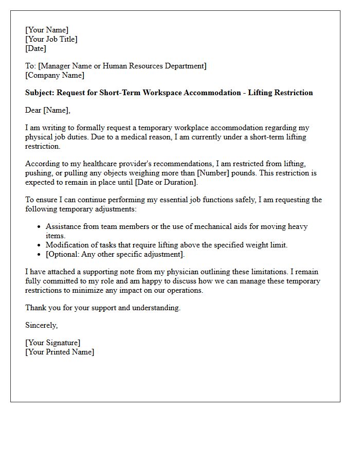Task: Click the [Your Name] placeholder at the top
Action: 47,30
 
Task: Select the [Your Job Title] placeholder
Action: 51,39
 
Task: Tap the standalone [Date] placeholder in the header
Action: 35,48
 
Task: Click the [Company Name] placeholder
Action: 55,75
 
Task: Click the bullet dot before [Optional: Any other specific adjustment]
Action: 40,255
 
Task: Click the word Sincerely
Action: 42,325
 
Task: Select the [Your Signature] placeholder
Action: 52,343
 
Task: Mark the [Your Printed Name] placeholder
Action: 60,352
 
